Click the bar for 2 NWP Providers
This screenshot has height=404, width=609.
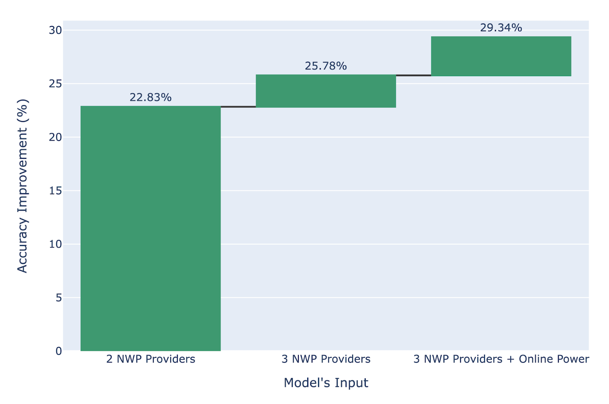tap(150, 228)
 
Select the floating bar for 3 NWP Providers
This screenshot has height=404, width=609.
tap(326, 91)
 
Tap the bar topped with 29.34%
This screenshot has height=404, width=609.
tap(501, 56)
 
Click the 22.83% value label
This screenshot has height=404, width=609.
tap(150, 97)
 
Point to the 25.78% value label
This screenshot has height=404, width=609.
tap(326, 66)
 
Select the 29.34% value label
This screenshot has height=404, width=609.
tap(501, 28)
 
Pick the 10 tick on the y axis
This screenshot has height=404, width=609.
tap(56, 244)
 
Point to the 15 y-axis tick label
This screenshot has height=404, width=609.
tap(56, 191)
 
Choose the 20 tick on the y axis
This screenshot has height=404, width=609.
tap(56, 137)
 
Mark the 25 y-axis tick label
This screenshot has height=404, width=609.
tap(56, 84)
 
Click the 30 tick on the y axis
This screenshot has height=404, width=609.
tap(56, 30)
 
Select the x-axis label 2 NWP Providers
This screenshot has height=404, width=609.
tap(151, 359)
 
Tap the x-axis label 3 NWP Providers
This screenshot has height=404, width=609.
tap(326, 359)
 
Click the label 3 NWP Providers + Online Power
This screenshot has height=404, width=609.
tap(501, 359)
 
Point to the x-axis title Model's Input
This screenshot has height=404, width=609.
tap(326, 383)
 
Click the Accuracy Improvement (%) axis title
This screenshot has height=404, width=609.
tap(22, 186)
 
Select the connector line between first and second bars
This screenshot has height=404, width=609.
tap(238, 107)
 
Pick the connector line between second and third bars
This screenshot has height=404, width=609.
tap(413, 75)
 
